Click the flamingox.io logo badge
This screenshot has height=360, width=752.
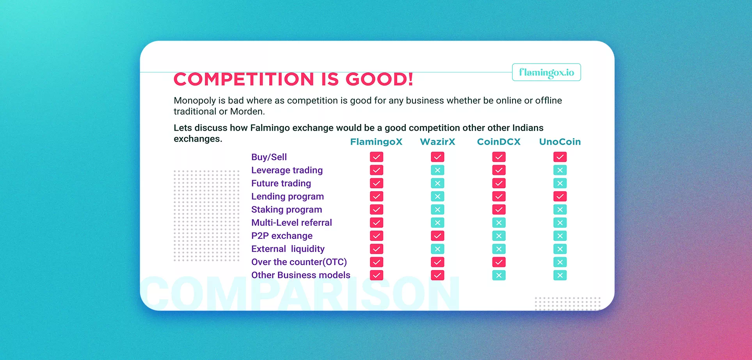pyautogui.click(x=546, y=72)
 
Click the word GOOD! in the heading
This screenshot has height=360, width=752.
pyautogui.click(x=379, y=79)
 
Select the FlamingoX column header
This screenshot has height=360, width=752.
pyautogui.click(x=376, y=142)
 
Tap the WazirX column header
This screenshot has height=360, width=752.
pyautogui.click(x=437, y=142)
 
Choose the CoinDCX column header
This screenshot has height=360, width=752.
pyautogui.click(x=499, y=142)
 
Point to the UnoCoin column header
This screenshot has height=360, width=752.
pyautogui.click(x=560, y=142)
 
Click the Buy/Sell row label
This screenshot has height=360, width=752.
pyautogui.click(x=269, y=157)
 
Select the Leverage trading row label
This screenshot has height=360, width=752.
pyautogui.click(x=287, y=170)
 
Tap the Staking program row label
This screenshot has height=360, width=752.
pyautogui.click(x=286, y=210)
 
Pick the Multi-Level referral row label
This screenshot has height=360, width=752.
pyautogui.click(x=292, y=223)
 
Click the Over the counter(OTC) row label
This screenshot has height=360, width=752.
pyautogui.click(x=299, y=262)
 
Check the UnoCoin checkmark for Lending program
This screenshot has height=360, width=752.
pyautogui.click(x=560, y=196)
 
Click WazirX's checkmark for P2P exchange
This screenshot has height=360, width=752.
pyautogui.click(x=437, y=236)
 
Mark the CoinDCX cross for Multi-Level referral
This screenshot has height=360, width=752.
pyautogui.click(x=499, y=223)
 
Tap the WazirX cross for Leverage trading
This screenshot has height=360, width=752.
pyautogui.click(x=437, y=170)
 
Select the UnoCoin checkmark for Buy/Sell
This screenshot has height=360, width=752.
pyautogui.click(x=560, y=157)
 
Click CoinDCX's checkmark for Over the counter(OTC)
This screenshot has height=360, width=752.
pyautogui.click(x=499, y=262)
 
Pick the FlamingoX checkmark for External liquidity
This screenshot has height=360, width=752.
pyautogui.click(x=377, y=249)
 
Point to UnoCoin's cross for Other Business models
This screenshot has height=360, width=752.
pyautogui.click(x=560, y=275)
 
